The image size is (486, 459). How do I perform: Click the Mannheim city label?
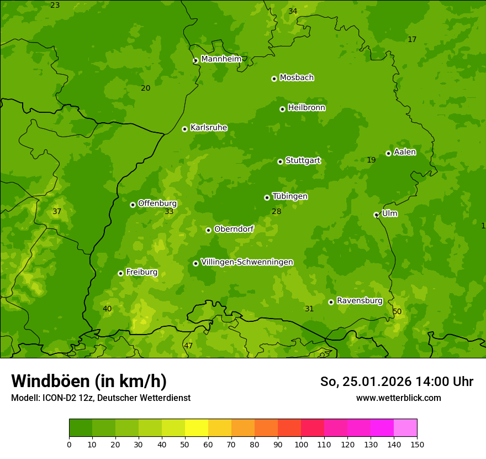[221, 59]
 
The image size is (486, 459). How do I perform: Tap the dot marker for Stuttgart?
[280, 161]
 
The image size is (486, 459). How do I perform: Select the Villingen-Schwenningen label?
[247, 262]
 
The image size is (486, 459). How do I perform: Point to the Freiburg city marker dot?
[120, 273]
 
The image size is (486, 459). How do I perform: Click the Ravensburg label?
[360, 301]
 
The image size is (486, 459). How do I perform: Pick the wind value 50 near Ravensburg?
[397, 312]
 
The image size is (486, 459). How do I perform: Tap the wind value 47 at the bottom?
[188, 346]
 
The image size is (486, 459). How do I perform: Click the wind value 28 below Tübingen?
[276, 211]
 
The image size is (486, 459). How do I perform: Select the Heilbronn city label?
[307, 108]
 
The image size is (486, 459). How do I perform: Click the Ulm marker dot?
[376, 215]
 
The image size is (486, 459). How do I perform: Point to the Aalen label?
[405, 152]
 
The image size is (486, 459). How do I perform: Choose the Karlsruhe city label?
[209, 128]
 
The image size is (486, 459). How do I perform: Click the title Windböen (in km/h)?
[89, 381]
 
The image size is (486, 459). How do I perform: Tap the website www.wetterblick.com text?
[398, 398]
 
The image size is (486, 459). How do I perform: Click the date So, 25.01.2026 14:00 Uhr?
[397, 382]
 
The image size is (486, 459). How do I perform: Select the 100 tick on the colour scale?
[301, 444]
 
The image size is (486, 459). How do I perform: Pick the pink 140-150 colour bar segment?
[405, 428]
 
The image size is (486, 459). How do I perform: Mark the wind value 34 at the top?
[293, 11]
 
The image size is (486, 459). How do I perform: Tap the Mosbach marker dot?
[274, 79]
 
